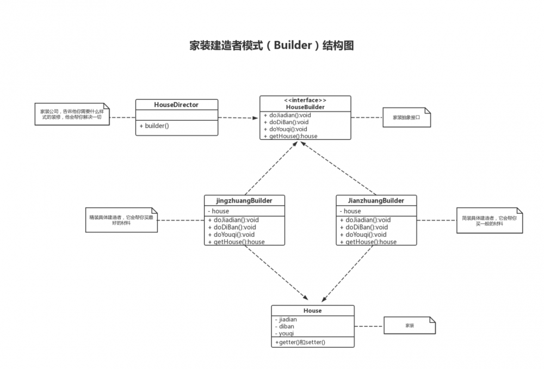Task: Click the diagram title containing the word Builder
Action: pos(271,45)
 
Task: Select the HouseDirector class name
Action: pos(176,104)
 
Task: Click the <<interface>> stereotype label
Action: pos(305,100)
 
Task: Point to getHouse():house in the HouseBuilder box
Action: pos(290,136)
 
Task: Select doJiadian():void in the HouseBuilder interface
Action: pos(287,115)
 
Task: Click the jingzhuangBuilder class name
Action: pos(244,200)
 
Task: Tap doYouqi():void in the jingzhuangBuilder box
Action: pos(231,235)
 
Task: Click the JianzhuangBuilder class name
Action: pos(376,200)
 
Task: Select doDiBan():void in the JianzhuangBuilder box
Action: pos(364,227)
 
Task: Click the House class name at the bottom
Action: pos(312,310)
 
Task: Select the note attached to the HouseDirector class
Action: pos(71,114)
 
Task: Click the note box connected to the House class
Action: pos(410,325)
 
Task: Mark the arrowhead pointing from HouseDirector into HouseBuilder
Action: pos(255,117)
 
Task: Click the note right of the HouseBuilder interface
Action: pos(406,117)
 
